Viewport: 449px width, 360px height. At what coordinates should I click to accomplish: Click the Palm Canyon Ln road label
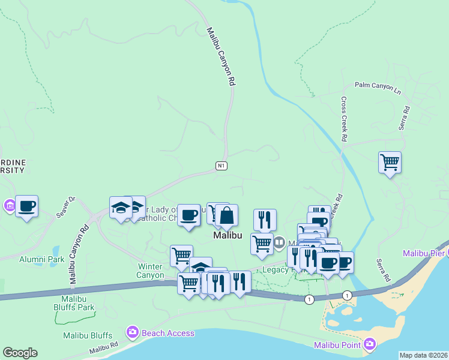(x=378, y=88)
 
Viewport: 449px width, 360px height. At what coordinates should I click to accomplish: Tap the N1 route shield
(x=221, y=165)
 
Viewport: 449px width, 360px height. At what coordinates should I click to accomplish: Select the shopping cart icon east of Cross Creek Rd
(x=390, y=162)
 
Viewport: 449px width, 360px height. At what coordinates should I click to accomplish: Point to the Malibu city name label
(x=228, y=236)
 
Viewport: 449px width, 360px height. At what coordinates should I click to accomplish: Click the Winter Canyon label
(x=151, y=271)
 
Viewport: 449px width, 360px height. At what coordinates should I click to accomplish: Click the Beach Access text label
(x=168, y=333)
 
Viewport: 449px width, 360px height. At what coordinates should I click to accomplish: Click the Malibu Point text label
(x=337, y=344)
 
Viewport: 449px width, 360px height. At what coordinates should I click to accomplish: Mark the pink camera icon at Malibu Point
(x=369, y=344)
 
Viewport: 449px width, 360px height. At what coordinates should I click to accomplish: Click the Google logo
(x=20, y=353)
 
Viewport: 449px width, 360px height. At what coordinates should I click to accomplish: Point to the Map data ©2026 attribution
(x=424, y=355)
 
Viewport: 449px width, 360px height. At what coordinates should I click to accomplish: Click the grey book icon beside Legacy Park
(x=279, y=243)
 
